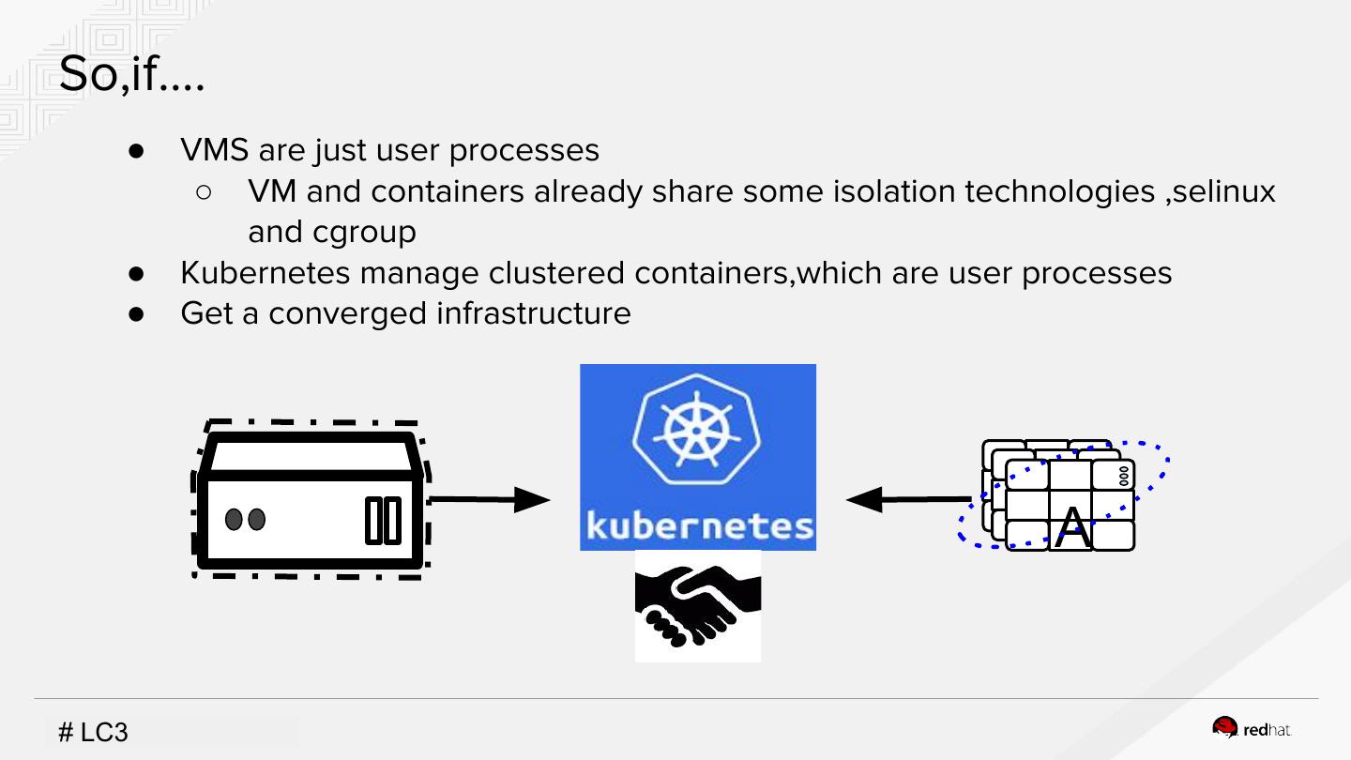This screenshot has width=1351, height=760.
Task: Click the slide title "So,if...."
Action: point(131,74)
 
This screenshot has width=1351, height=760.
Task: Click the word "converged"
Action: point(347,313)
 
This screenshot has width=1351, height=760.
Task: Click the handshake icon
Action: point(697,606)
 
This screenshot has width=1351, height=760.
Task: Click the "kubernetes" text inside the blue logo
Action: point(699,524)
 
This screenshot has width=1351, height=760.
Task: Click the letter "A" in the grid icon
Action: point(1072,528)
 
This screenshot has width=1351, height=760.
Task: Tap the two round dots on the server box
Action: point(246,519)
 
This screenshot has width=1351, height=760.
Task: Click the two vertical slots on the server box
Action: point(383,520)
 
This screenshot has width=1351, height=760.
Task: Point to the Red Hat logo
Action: point(1252,729)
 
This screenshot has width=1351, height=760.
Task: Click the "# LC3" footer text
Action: point(93,732)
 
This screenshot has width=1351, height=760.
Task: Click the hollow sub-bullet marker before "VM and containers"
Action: point(205,191)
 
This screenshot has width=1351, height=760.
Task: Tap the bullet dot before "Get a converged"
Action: point(137,313)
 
